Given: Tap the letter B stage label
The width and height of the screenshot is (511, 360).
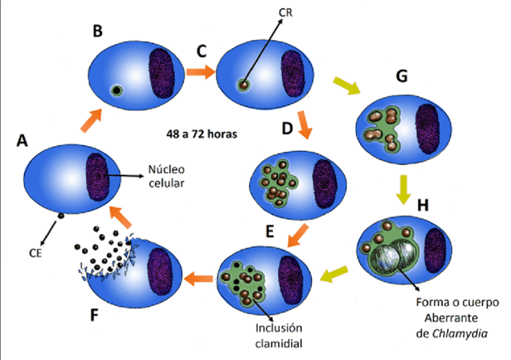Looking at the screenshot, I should click(x=98, y=32).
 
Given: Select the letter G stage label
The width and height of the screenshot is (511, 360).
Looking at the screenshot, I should click(x=402, y=76).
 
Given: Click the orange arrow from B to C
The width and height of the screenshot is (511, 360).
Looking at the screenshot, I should click(x=199, y=72).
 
